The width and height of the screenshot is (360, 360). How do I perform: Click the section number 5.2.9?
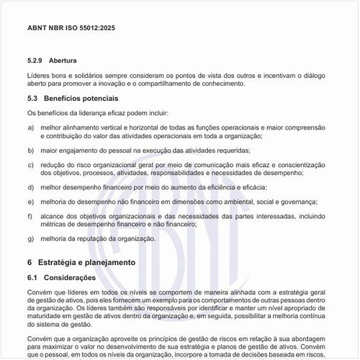point(36,60)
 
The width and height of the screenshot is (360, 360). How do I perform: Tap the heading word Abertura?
point(63,60)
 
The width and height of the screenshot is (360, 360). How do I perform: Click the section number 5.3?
point(33,97)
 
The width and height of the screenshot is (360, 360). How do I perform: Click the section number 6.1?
point(33,277)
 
